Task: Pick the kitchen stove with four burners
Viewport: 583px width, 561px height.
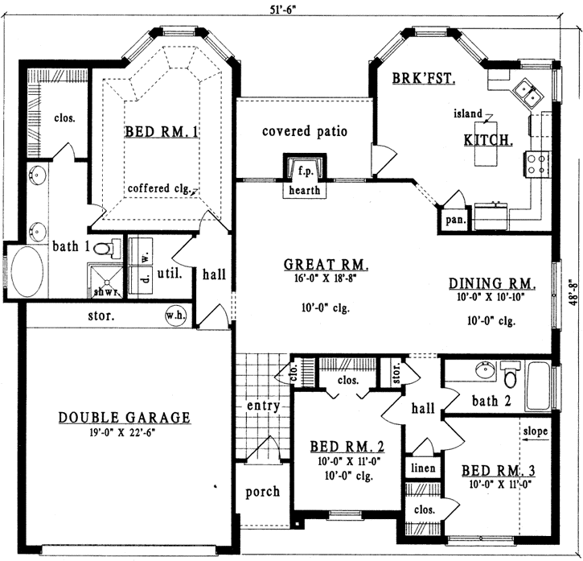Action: (x=536, y=164)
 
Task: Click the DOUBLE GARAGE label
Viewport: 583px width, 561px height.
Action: (x=125, y=417)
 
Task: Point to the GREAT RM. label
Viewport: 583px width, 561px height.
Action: (x=326, y=265)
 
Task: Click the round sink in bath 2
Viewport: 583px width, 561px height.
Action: (x=485, y=372)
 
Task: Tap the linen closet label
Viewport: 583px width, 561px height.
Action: (x=424, y=468)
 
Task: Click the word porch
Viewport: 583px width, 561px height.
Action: (x=262, y=491)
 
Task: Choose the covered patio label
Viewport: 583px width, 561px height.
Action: (x=305, y=130)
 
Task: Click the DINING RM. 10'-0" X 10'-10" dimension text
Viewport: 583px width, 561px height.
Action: (x=491, y=297)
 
